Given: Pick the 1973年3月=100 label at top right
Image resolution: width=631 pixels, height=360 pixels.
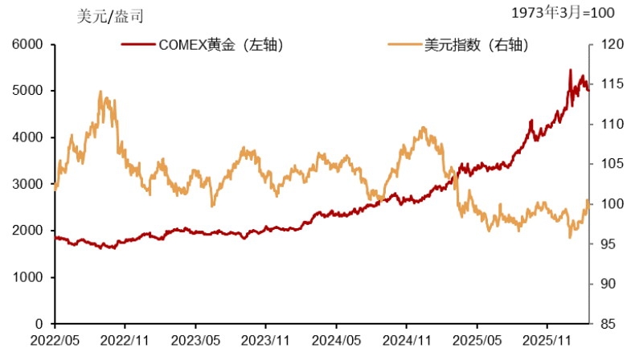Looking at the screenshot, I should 563,13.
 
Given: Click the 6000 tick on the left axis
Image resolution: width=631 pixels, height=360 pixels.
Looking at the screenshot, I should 27,45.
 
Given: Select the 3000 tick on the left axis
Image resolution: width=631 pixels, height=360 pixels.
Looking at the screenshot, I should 27,184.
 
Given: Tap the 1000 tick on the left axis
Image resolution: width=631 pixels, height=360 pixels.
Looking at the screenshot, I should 27,277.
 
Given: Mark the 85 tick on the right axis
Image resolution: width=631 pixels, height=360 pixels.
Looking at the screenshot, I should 604,324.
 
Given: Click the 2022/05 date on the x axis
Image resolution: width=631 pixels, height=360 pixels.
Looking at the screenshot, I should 55,341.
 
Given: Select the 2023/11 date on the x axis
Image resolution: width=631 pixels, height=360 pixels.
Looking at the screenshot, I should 266,341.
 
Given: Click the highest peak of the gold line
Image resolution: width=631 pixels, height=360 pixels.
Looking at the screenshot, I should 570,70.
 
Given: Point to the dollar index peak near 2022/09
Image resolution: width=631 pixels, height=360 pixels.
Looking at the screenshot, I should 100,92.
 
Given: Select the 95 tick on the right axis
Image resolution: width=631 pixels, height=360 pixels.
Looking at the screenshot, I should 604,244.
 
